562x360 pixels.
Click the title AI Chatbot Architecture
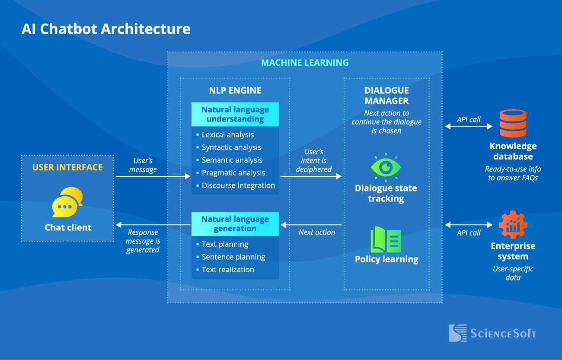(x=106, y=29)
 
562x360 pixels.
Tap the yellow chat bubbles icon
(x=67, y=202)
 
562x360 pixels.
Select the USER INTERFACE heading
(x=67, y=167)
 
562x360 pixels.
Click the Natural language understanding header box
(x=235, y=114)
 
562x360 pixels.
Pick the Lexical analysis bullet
(x=228, y=135)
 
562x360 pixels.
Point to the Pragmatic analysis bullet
(x=233, y=173)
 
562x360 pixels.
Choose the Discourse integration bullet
(x=238, y=185)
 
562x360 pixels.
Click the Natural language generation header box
(x=235, y=224)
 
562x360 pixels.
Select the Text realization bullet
(x=228, y=270)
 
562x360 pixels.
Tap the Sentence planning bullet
(x=233, y=257)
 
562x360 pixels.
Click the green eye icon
(x=386, y=167)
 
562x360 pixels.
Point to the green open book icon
(x=386, y=239)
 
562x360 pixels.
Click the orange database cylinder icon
(x=513, y=124)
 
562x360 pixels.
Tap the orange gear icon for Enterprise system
(x=513, y=225)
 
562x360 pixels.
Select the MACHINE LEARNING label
(x=305, y=63)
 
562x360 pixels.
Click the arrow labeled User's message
(x=153, y=176)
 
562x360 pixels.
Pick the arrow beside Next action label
(x=311, y=225)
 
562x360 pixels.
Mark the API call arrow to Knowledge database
(x=469, y=127)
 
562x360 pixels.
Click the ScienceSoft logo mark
(x=458, y=333)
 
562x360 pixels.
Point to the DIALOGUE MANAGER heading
(x=386, y=96)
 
